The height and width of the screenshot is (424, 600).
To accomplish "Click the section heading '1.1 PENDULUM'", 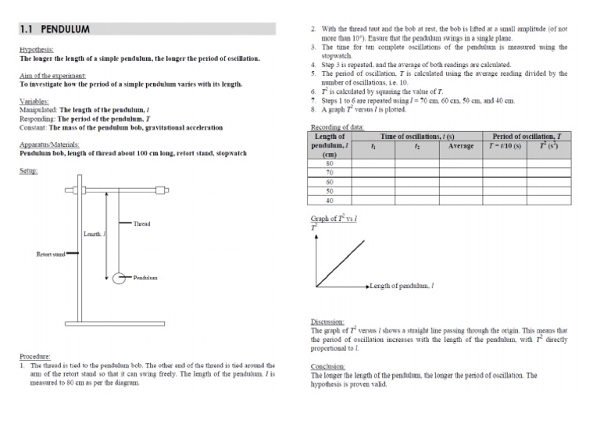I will pyautogui.click(x=55, y=30).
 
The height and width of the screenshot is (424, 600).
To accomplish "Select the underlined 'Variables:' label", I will pyautogui.click(x=33, y=102).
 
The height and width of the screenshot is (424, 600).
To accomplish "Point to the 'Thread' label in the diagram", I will pyautogui.click(x=141, y=224).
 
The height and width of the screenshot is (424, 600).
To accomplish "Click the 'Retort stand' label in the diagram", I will pyautogui.click(x=53, y=254).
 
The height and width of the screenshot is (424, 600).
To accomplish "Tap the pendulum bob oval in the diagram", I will pyautogui.click(x=121, y=277).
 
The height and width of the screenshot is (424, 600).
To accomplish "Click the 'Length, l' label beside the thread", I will pyautogui.click(x=95, y=234).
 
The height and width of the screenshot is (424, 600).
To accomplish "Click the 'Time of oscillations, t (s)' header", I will pyautogui.click(x=417, y=137).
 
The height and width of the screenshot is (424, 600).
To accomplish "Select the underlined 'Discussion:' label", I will pyautogui.click(x=329, y=322).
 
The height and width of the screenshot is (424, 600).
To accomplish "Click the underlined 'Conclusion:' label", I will pyautogui.click(x=329, y=366).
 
